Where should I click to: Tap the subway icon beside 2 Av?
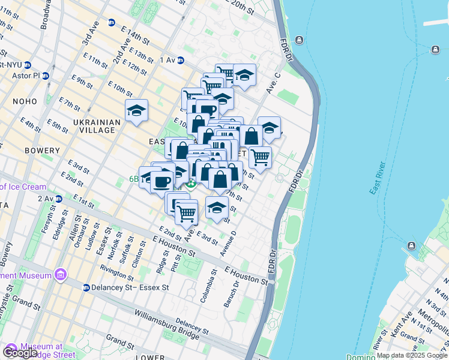(x=58, y=199)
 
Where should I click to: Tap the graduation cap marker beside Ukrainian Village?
(x=136, y=111)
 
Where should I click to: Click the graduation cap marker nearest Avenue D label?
(x=217, y=208)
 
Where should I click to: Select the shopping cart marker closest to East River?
(x=260, y=157)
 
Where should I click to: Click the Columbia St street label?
(x=213, y=286)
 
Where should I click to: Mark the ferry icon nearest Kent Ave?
(x=412, y=246)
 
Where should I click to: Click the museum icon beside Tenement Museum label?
(x=60, y=275)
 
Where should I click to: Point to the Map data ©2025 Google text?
(x=411, y=355)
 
